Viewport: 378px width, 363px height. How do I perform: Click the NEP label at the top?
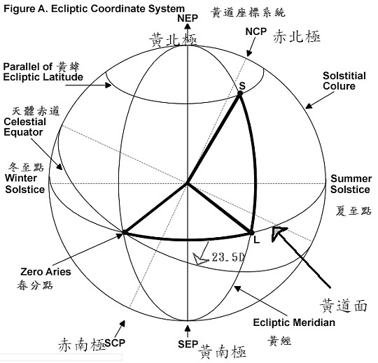pos(188,18)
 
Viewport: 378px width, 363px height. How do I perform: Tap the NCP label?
pos(256,31)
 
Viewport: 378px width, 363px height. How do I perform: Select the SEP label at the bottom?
pos(188,344)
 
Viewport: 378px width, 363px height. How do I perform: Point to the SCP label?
pos(115,343)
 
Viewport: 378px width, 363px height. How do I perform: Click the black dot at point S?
pos(240,94)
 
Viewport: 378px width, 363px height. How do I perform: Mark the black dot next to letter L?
pos(251,233)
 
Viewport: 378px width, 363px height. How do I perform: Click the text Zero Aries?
pos(45,271)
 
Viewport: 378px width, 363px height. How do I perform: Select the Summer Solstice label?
pos(351,184)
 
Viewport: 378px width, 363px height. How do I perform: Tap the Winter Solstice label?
pos(24,184)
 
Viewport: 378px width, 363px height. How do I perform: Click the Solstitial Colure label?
pos(344,80)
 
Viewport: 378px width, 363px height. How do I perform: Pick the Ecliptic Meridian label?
pos(294,322)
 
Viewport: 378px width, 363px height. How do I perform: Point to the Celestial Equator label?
pos(24,127)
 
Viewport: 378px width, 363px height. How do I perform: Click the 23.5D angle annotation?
pos(228,257)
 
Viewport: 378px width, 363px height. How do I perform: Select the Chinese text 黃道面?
pos(344,306)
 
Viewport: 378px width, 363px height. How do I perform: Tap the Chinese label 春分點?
pos(35,285)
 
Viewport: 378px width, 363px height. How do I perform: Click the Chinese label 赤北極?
pos(297,36)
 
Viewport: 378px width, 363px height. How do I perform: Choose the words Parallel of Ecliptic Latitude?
pos(43,72)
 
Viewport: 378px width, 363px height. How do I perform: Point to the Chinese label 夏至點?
pos(353,211)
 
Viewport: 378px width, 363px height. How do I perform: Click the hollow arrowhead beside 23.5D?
pos(199,259)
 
